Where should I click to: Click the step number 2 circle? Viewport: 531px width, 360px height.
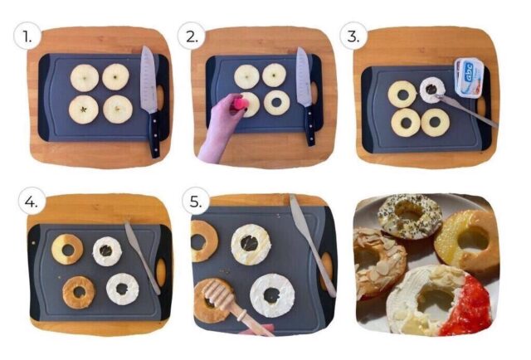192,37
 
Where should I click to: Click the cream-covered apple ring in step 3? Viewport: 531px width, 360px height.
432,90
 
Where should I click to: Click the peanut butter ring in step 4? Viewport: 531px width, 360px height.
79,290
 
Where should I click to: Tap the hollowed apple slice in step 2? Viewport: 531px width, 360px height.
276,103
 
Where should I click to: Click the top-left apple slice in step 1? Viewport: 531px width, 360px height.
84,78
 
